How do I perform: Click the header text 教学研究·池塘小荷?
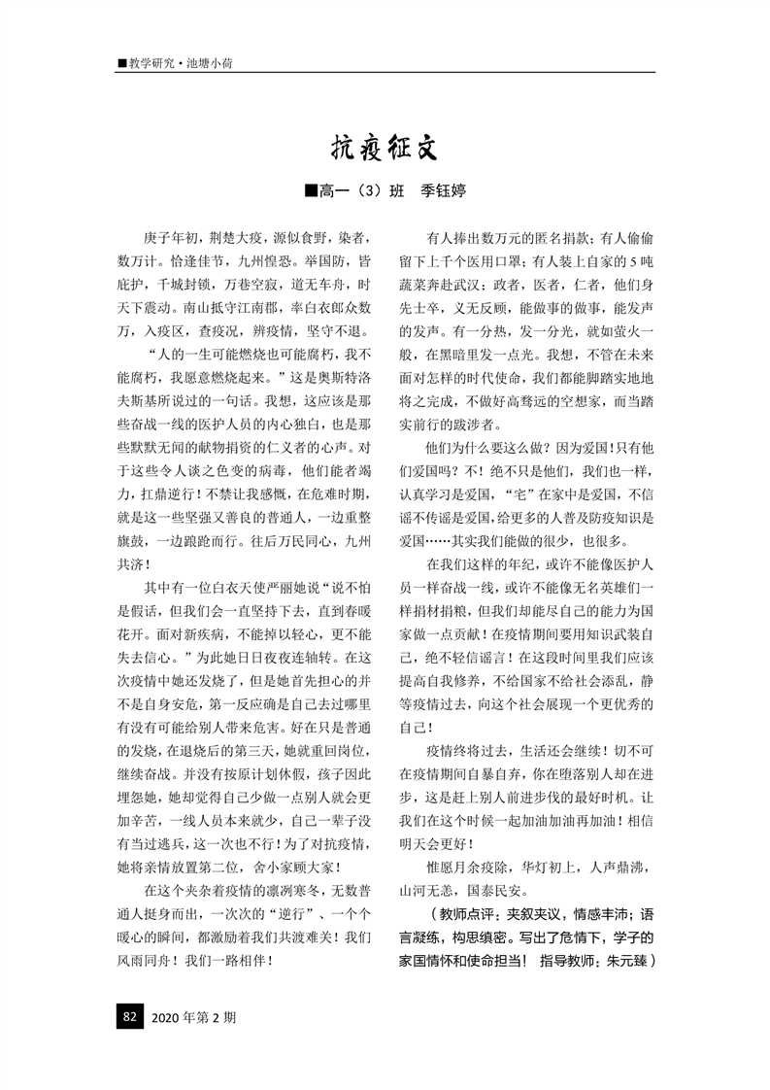(180, 63)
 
